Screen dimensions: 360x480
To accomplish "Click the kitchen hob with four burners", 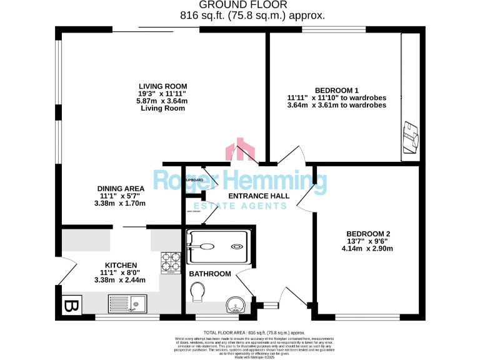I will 171,262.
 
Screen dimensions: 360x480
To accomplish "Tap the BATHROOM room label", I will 210,274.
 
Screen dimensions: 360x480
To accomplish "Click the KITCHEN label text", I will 121,265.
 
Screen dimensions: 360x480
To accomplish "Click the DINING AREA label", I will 121,188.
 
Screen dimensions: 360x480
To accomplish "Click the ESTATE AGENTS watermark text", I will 239,206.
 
